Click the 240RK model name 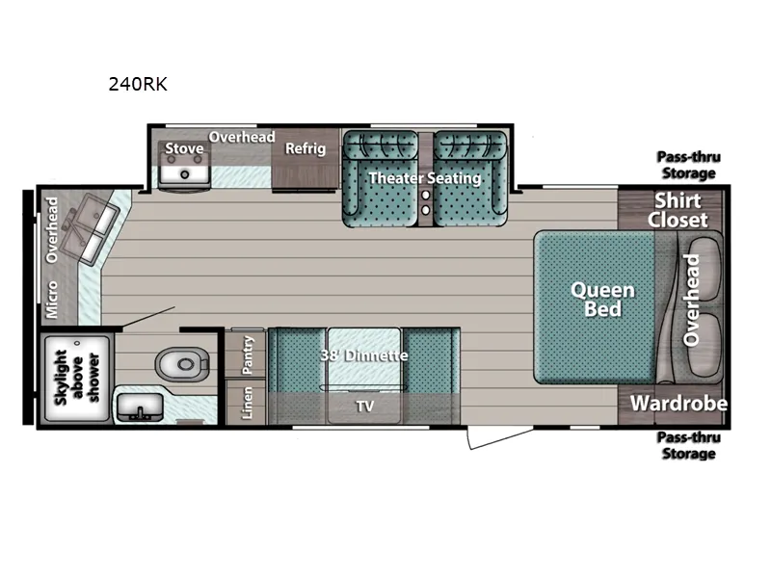coord(139,84)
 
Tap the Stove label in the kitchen coord(183,148)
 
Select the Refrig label coord(305,148)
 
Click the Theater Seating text coord(424,178)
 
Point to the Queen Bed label coord(602,299)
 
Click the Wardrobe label coord(678,404)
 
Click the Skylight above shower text coord(74,378)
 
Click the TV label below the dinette coord(364,407)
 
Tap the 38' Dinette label coord(363,355)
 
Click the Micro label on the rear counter coord(51,299)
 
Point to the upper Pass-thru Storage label coord(688,165)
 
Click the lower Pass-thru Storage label coord(688,445)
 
